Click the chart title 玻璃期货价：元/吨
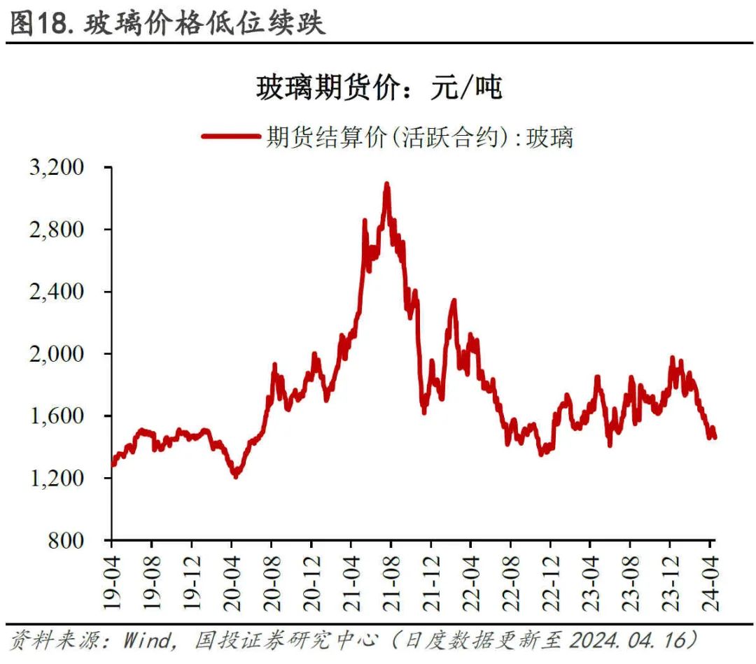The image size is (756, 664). [379, 89]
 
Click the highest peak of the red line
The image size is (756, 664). [386, 184]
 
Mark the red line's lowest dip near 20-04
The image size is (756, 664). [235, 476]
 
